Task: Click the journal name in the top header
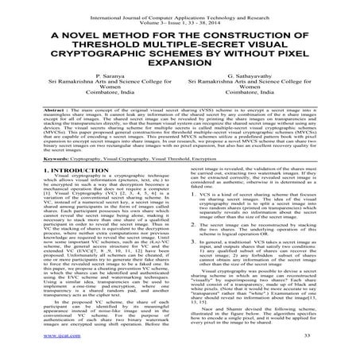pos(180,6)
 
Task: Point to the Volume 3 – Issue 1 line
pos(180,13)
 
